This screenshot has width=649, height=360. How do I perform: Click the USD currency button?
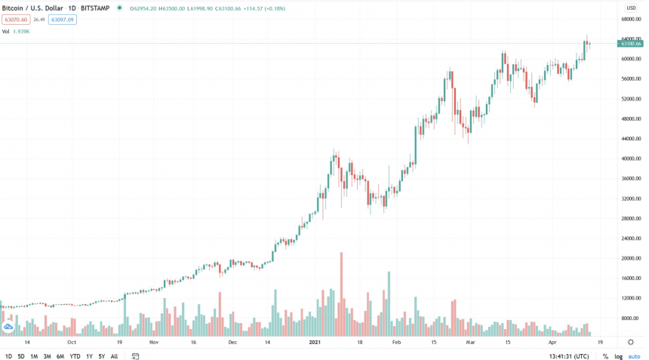point(630,8)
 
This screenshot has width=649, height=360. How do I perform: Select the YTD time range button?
point(75,356)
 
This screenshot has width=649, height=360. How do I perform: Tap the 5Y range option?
point(101,356)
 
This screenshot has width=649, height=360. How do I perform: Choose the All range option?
point(114,356)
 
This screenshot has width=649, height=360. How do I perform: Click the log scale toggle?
point(618,356)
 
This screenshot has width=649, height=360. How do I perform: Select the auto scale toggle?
point(634,356)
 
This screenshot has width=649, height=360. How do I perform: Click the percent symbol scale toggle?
point(605,356)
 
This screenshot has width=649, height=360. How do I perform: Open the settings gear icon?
point(631,342)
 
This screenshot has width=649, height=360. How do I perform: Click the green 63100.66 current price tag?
point(630,44)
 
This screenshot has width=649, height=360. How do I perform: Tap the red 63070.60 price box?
point(15,20)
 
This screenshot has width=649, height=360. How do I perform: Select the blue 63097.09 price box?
point(62,20)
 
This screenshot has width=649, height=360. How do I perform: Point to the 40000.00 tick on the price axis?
point(631,159)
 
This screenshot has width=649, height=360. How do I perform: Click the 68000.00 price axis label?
point(631,20)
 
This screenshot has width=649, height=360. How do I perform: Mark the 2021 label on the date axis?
point(317,342)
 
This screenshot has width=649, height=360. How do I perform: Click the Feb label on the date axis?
point(396,342)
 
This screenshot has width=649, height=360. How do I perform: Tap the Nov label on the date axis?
point(153,342)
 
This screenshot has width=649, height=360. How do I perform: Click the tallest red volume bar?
point(341,294)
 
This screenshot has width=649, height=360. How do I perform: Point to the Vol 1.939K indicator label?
point(16,31)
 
